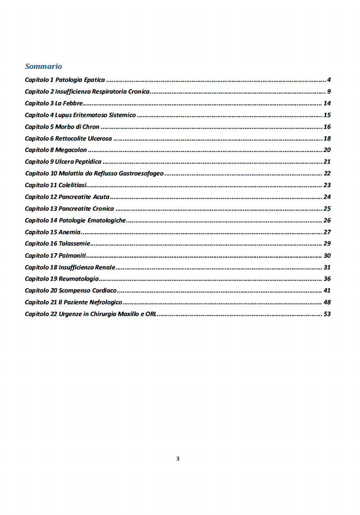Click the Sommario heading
[x=43, y=66]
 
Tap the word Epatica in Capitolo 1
[x=94, y=80]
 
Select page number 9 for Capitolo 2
[x=329, y=92]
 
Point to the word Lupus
[x=63, y=115]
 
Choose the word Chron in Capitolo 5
[x=91, y=127]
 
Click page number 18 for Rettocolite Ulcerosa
[x=327, y=139]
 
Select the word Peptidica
[x=88, y=162]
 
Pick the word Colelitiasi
[x=72, y=185]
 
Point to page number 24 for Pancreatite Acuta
[x=327, y=197]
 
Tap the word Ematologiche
[x=106, y=220]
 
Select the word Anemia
[x=69, y=232]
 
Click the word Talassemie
[x=74, y=244]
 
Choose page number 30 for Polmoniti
[x=327, y=256]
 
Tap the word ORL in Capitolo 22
[x=151, y=314]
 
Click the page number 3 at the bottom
[x=178, y=459]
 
